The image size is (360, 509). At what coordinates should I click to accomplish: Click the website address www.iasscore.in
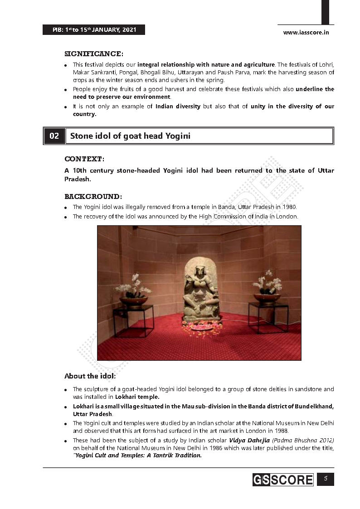click(x=306, y=32)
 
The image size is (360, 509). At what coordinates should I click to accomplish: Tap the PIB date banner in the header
click(x=94, y=30)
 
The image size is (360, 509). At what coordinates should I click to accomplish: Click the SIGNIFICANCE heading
click(x=93, y=54)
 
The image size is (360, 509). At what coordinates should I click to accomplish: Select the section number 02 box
click(x=54, y=136)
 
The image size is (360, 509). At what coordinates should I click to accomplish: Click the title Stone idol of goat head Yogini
click(x=130, y=136)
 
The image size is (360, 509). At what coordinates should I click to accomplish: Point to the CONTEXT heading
click(x=84, y=159)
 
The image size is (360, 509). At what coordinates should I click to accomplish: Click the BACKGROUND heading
click(x=93, y=197)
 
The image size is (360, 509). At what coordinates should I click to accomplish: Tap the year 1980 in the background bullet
click(x=289, y=207)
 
